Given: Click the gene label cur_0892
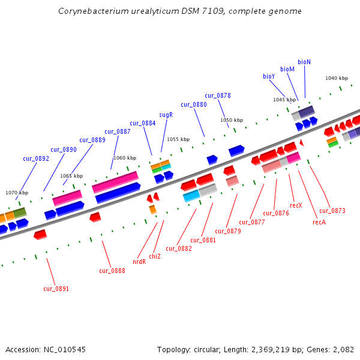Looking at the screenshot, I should pos(36,158).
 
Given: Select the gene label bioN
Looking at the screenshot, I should pos(304,62).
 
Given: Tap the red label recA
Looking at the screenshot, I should pos(319,222).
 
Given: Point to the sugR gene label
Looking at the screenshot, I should pos(166,115).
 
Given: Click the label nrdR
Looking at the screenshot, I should pos(139,262).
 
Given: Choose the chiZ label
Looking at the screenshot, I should pos(155,256).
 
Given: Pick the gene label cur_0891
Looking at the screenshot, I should pos(56,289).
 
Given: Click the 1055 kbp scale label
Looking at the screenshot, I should pos(178,139).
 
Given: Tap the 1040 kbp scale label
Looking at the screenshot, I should pos(336,78).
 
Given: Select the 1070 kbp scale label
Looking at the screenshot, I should pos(17,193).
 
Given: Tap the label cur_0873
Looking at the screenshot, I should pos(332,211).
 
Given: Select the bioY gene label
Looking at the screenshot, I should pos(269,76).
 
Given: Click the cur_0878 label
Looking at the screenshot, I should pos(217,95).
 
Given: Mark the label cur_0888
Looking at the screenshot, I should pos(112,271).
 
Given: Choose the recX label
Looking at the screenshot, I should pos(296,205).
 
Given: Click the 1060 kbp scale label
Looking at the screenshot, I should pos(124,158).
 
